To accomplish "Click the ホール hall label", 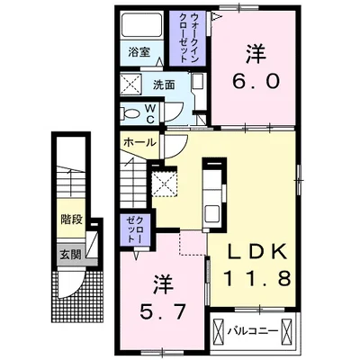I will pos(139,143).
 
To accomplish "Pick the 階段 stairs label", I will pos(70,218).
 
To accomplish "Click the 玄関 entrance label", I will pos(70,254).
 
